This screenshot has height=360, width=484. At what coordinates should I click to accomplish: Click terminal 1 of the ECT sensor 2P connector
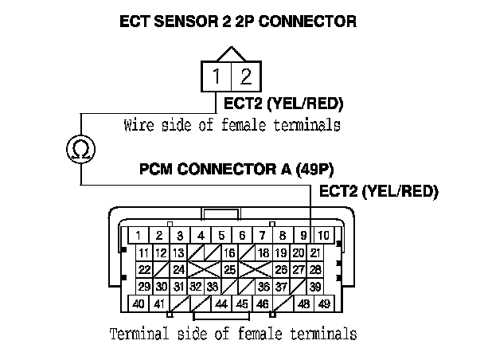click(217, 78)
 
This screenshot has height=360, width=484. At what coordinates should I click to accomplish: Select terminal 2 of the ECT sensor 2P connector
click(245, 78)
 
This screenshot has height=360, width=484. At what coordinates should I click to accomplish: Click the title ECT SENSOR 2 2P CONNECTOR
click(238, 22)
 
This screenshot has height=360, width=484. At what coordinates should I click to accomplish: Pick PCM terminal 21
click(315, 252)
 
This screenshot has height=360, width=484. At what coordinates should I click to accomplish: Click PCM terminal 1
click(139, 235)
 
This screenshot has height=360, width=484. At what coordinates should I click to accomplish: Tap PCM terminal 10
click(323, 235)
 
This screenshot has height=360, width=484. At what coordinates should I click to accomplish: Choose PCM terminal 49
click(324, 303)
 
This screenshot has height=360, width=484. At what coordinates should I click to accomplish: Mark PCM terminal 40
click(139, 303)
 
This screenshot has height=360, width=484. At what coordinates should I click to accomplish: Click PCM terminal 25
click(230, 270)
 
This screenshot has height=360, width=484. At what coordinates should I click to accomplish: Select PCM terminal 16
click(230, 252)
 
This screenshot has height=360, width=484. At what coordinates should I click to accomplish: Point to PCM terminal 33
click(213, 287)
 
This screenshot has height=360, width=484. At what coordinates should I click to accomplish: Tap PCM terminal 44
click(221, 303)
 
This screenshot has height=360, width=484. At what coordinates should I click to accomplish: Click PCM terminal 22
click(144, 270)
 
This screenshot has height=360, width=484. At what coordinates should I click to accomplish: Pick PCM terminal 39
click(315, 287)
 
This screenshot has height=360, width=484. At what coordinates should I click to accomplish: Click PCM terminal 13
click(178, 252)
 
